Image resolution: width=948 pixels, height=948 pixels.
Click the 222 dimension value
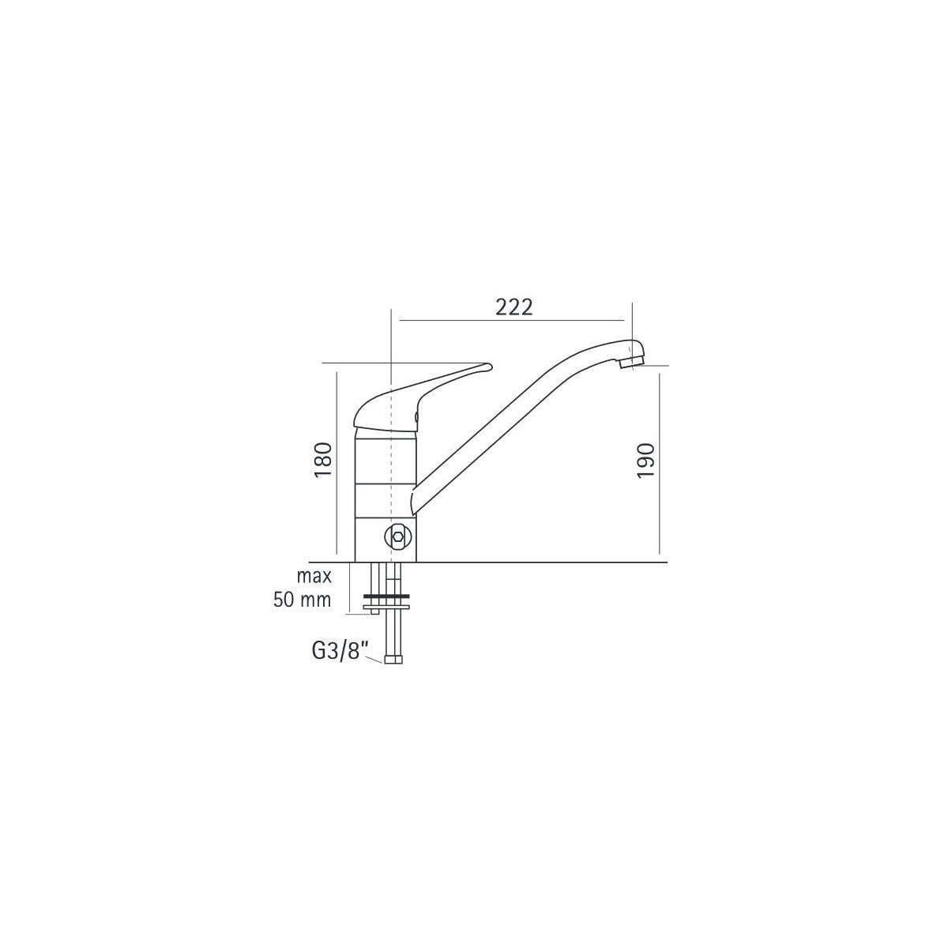click(513, 307)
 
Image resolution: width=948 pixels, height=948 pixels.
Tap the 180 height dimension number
click(323, 460)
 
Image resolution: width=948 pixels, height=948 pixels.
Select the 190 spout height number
click(646, 460)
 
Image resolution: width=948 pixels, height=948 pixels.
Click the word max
click(314, 576)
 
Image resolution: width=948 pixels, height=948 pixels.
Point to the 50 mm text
click(302, 600)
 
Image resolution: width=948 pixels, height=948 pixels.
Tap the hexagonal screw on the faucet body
click(397, 536)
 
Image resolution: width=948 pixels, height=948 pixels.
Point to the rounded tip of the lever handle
click(487, 366)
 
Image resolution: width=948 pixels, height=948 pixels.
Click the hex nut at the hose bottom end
click(394, 659)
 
